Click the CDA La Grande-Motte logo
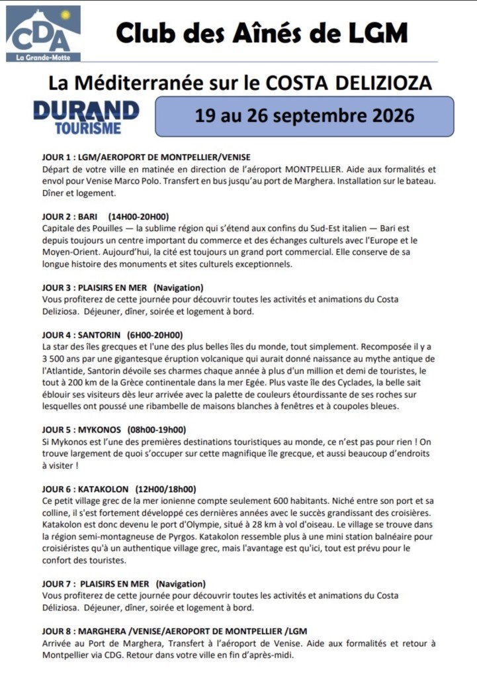point(43,34)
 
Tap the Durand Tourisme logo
point(86,117)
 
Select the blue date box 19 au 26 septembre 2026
point(304,117)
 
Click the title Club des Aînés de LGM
point(261,32)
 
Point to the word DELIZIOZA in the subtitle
point(378,82)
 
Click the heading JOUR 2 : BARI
point(69,217)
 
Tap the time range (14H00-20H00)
point(139,217)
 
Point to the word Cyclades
point(329,382)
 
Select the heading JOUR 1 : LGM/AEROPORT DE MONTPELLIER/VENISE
point(146,157)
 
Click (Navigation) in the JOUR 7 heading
point(181,584)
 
